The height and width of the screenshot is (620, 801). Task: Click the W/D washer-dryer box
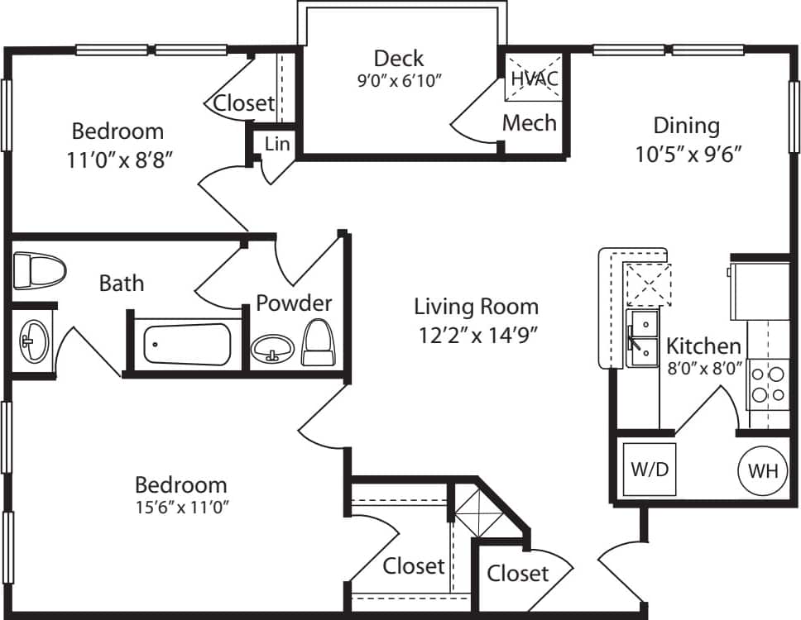650,470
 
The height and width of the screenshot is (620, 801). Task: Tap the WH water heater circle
762,471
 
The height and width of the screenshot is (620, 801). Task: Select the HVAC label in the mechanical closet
534,79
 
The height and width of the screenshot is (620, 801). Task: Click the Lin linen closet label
276,144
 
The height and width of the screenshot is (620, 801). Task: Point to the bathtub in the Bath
187,344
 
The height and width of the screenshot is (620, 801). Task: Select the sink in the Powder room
272,348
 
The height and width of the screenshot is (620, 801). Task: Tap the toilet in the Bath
39,271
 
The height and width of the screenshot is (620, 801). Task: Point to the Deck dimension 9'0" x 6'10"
399,81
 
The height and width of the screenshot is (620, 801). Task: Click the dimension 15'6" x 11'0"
181,507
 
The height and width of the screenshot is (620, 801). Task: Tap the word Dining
686,126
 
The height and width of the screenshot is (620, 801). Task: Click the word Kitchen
703,346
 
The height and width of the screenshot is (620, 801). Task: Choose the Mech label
530,123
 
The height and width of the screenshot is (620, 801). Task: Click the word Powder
294,303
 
